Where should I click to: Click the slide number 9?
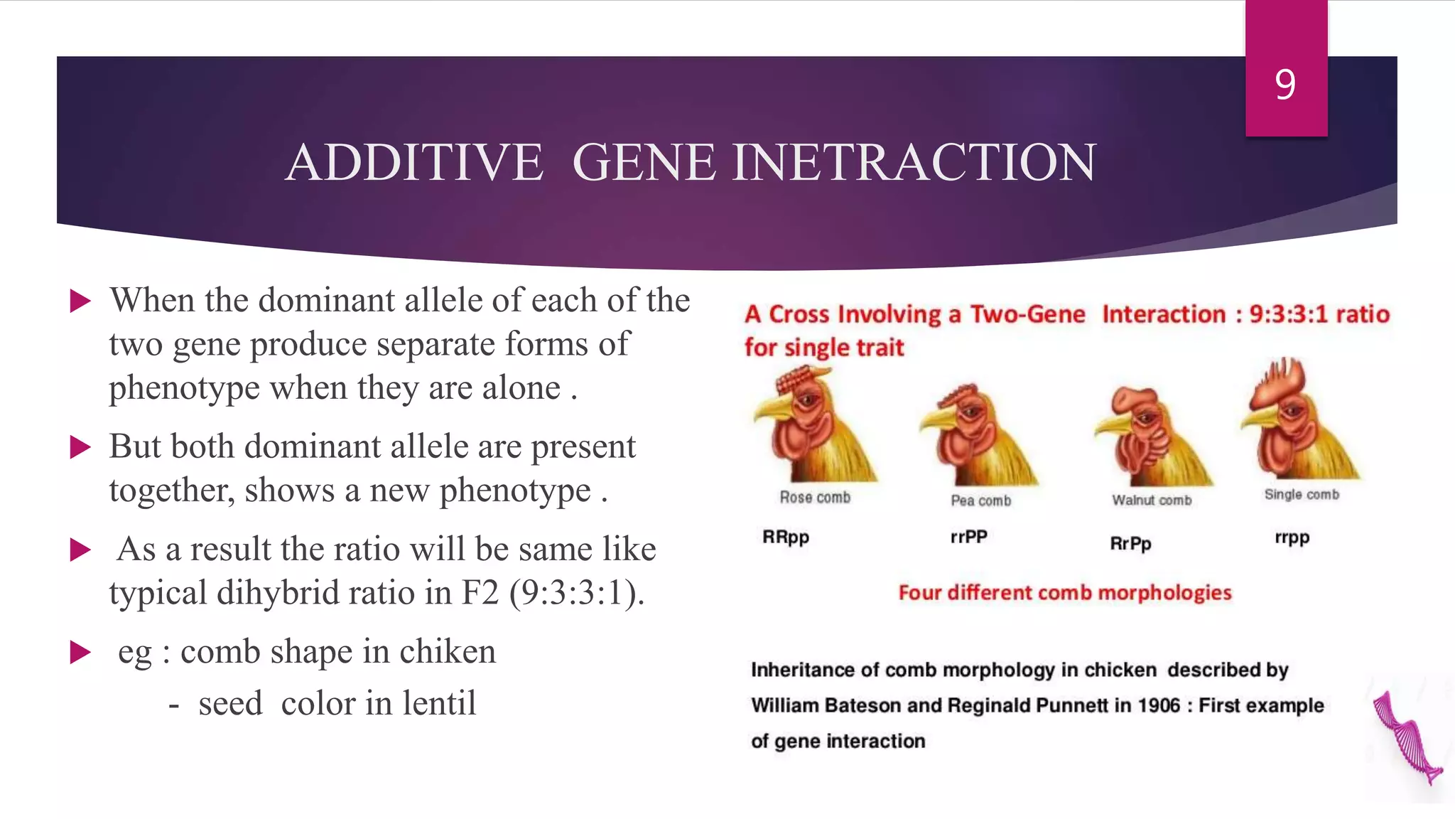(x=1285, y=85)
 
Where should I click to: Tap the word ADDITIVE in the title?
(x=414, y=163)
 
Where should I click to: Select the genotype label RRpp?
(x=786, y=537)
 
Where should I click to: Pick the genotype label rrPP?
(x=969, y=537)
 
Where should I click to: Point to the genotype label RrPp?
(x=1130, y=544)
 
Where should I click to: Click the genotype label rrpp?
(x=1292, y=538)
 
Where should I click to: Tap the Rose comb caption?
(x=815, y=498)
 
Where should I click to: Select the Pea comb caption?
(x=980, y=500)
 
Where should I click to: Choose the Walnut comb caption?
(x=1152, y=500)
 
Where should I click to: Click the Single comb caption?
(x=1302, y=495)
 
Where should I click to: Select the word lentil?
(x=439, y=704)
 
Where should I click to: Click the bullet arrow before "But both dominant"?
(x=81, y=448)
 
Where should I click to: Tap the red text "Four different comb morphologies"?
(x=1064, y=593)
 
